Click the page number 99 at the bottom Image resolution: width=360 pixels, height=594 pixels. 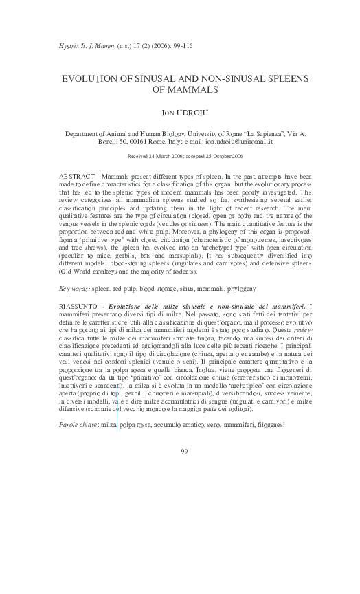(x=184, y=451)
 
